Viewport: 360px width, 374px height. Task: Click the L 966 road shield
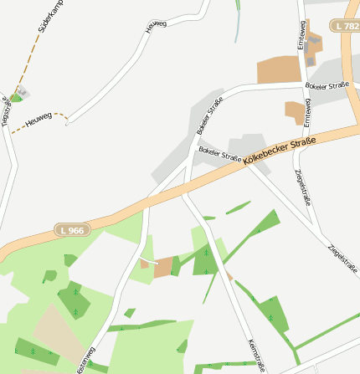coord(72,229)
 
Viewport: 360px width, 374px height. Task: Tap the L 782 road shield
coord(346,26)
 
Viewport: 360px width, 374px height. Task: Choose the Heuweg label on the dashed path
coord(39,120)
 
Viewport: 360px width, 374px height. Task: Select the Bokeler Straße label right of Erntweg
coord(327,86)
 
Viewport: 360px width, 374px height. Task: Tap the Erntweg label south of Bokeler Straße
coord(307,112)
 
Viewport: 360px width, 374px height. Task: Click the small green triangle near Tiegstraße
coord(15,97)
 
